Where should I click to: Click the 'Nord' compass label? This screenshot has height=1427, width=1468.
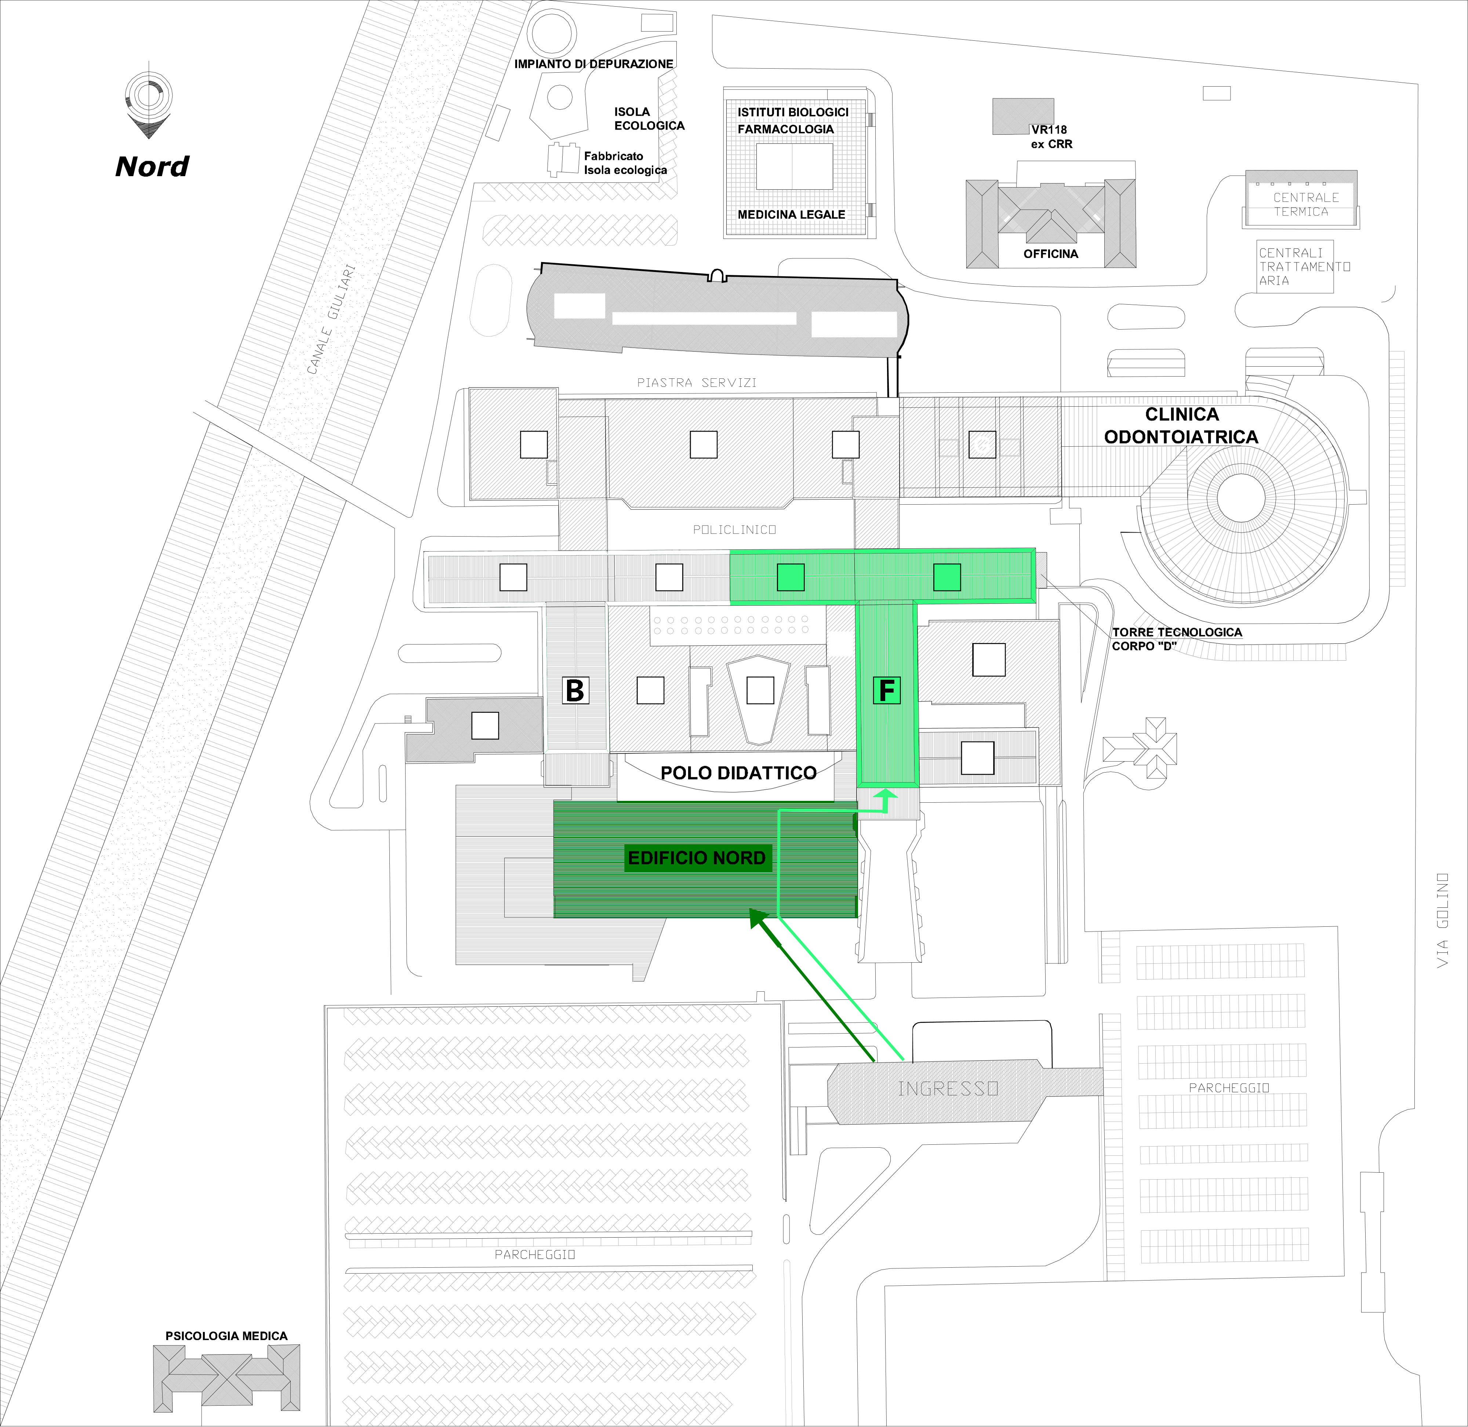click(152, 166)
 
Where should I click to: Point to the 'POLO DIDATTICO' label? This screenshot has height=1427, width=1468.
click(738, 773)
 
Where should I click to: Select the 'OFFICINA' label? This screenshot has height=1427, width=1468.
click(1051, 254)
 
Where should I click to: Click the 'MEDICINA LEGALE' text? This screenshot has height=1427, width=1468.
click(791, 214)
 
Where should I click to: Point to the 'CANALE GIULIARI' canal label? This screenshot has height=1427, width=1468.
click(330, 319)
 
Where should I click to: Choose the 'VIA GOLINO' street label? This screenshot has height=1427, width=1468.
click(1443, 921)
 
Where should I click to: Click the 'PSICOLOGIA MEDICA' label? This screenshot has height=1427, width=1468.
click(226, 1336)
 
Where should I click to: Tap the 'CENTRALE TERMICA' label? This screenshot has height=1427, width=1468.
click(1305, 204)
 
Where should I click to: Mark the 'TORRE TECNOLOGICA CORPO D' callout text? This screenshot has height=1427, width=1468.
click(1177, 639)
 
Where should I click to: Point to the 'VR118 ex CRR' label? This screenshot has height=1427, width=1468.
click(1051, 137)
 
